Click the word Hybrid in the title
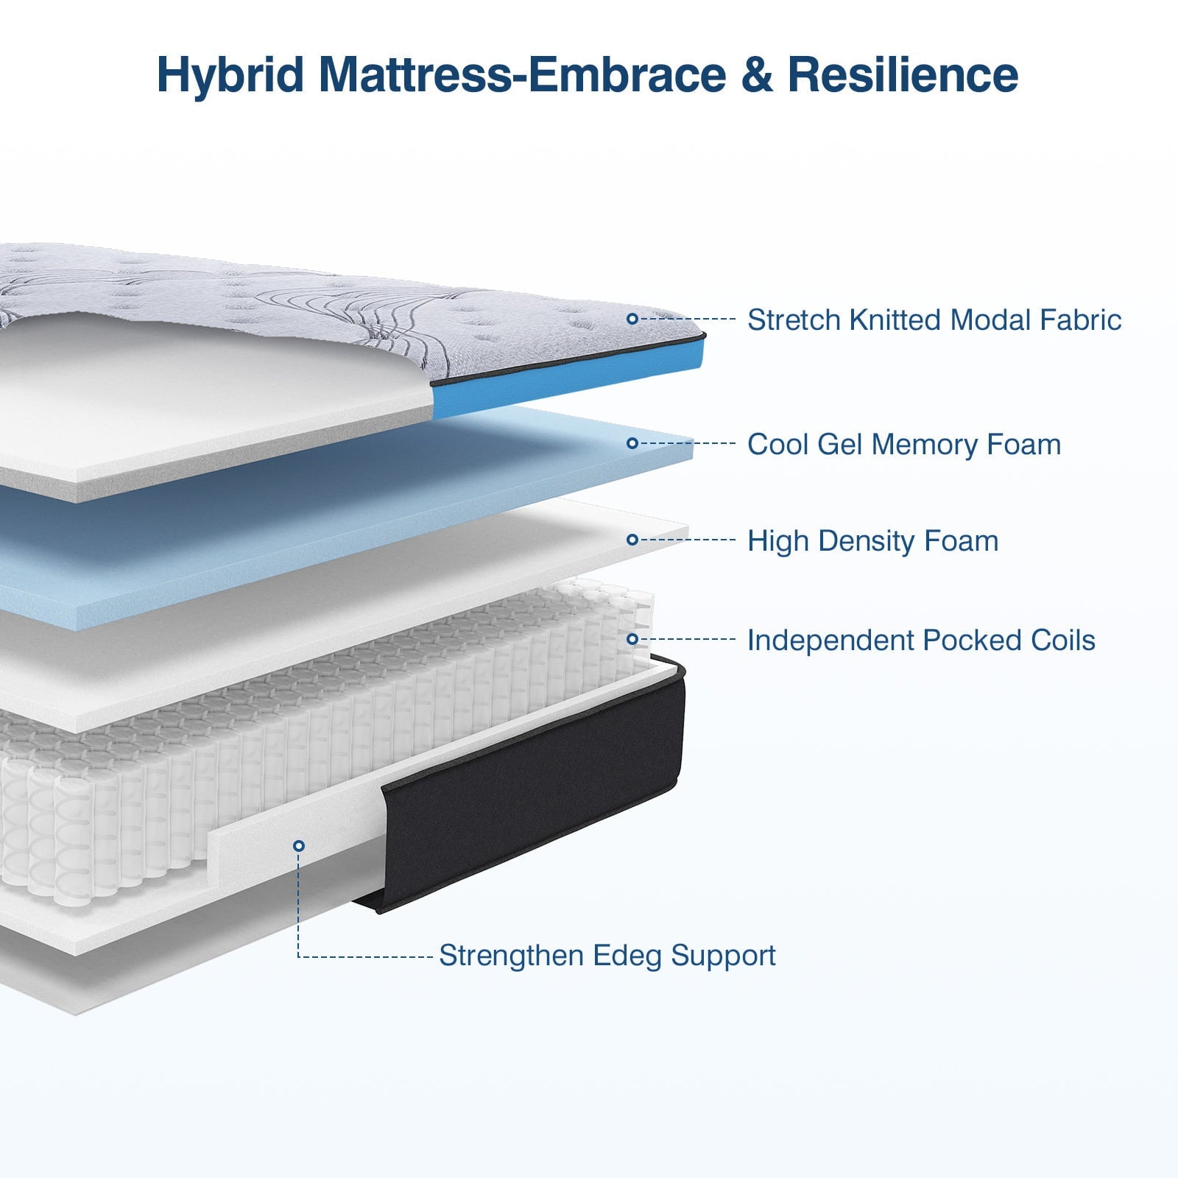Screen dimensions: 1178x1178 pos(230,75)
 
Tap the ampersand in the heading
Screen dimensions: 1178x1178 pos(758,75)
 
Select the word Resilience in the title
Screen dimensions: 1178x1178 pos(903,75)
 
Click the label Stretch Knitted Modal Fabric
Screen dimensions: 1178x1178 pos(934,320)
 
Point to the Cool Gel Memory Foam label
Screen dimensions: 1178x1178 pos(903,445)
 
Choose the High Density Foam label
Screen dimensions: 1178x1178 pos(872,541)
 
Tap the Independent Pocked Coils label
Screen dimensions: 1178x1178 pos(920,641)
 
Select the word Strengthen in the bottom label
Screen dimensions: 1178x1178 pos(512,956)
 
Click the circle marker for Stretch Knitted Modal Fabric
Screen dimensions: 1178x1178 pos(632,319)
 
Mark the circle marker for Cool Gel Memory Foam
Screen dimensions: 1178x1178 pos(632,443)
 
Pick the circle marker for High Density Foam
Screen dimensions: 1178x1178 pos(632,540)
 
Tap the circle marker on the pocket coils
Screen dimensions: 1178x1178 pos(632,639)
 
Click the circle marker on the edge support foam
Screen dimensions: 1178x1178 pos(298,846)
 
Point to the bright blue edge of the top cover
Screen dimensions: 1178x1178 pos(567,383)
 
